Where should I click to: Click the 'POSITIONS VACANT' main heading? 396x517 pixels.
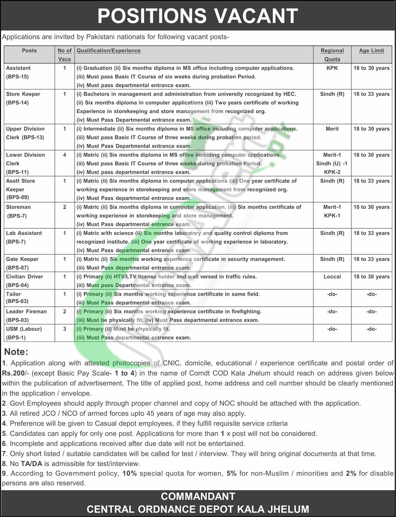click(198, 16)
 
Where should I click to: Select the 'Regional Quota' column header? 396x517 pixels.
click(332, 54)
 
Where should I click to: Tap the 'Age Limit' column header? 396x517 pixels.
click(372, 51)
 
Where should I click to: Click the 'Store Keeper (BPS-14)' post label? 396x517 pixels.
click(23, 98)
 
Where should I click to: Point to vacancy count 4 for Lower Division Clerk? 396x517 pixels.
click(65, 155)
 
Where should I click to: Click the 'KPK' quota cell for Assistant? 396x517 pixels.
click(332, 68)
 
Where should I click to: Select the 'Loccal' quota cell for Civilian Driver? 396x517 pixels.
click(332, 277)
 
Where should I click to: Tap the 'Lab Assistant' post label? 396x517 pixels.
click(24, 233)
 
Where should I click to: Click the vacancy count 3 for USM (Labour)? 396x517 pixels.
click(65, 329)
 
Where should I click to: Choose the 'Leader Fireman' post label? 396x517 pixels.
click(26, 311)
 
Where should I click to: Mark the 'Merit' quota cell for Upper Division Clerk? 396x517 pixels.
click(332, 129)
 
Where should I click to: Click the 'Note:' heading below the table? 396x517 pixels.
click(16, 352)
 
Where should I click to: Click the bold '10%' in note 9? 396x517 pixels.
click(130, 473)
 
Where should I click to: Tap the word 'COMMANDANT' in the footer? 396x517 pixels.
click(198, 496)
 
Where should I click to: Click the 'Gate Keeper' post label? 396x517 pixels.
click(22, 259)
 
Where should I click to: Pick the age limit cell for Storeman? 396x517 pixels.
click(372, 207)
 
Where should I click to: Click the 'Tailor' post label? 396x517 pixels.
click(13, 294)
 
